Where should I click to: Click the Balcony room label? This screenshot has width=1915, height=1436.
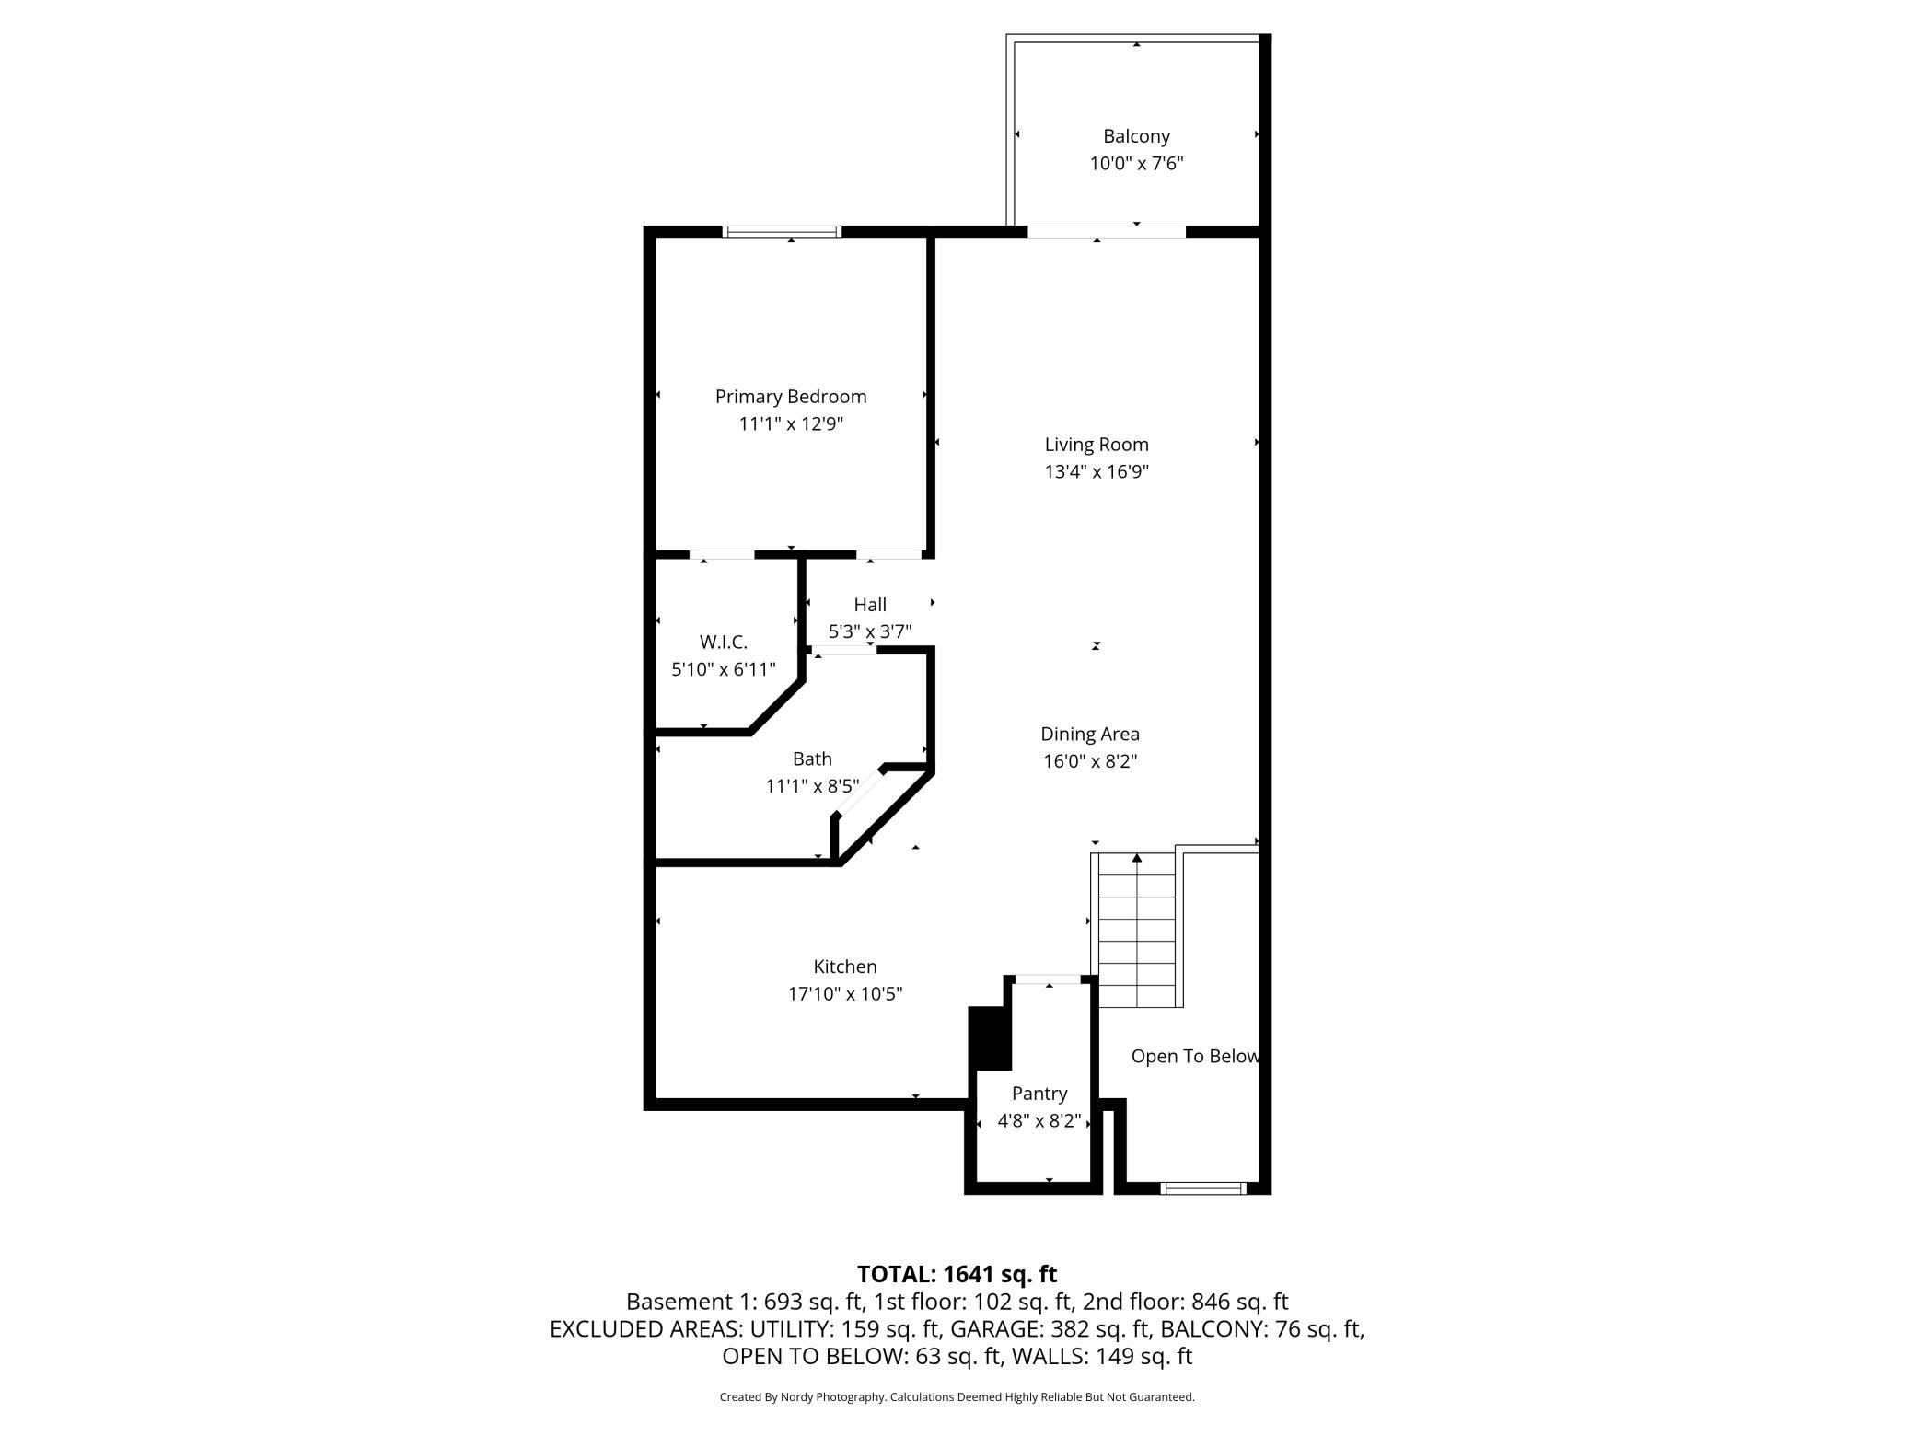pyautogui.click(x=1136, y=136)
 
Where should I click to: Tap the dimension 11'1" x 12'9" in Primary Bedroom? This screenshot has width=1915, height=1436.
pyautogui.click(x=791, y=424)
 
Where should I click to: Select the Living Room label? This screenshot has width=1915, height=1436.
pyautogui.click(x=1096, y=445)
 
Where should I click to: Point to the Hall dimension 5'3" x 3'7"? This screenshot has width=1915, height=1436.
pyautogui.click(x=869, y=631)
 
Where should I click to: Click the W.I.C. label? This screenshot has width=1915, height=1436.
pyautogui.click(x=723, y=643)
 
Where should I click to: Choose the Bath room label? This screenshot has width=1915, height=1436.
pyautogui.click(x=812, y=759)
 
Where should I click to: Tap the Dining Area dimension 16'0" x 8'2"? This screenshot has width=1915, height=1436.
pyautogui.click(x=1090, y=761)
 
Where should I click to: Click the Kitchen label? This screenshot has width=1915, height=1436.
pyautogui.click(x=844, y=967)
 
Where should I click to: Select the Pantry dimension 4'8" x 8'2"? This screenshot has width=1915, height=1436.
pyautogui.click(x=1039, y=1121)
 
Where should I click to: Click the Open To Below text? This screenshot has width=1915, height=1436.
pyautogui.click(x=1194, y=1057)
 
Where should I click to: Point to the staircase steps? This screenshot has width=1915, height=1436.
pyautogui.click(x=1137, y=930)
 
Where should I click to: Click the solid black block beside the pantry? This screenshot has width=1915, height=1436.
pyautogui.click(x=990, y=1037)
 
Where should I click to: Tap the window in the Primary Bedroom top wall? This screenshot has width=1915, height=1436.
pyautogui.click(x=782, y=232)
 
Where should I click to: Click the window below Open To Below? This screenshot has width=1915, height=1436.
pyautogui.click(x=1203, y=1188)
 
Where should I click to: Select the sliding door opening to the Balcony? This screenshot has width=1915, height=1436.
pyautogui.click(x=1106, y=232)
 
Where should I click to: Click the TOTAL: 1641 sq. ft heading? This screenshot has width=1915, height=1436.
pyautogui.click(x=957, y=1274)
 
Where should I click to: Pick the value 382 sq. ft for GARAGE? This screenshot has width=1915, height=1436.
pyautogui.click(x=1101, y=1328)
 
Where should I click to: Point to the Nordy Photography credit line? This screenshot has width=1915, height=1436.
pyautogui.click(x=957, y=1396)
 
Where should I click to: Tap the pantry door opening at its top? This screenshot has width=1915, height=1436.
pyautogui.click(x=1048, y=979)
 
